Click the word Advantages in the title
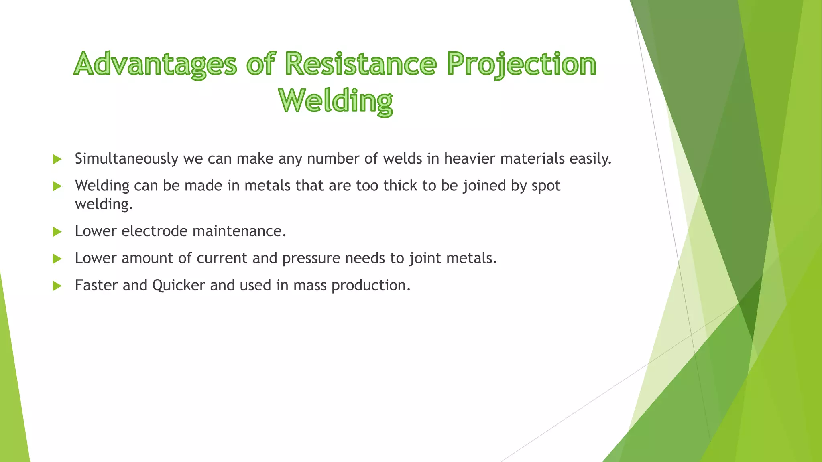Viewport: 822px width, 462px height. tap(156, 64)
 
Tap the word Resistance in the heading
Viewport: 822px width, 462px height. tap(361, 64)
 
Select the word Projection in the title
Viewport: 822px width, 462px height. tap(522, 64)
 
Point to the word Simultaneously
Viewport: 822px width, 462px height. tap(126, 159)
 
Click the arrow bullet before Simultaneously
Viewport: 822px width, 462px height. tap(57, 159)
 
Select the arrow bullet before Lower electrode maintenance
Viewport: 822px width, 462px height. tap(57, 232)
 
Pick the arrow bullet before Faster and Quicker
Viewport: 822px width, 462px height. tap(57, 286)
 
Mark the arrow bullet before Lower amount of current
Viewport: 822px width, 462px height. tap(57, 259)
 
